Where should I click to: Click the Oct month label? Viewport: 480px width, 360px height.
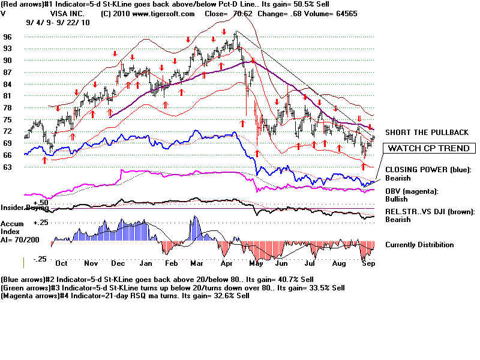point(61,263)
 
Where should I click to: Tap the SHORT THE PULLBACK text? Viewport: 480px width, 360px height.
point(427,132)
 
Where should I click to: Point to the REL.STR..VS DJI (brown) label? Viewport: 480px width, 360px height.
point(430,211)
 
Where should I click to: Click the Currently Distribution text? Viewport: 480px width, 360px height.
point(419,245)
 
